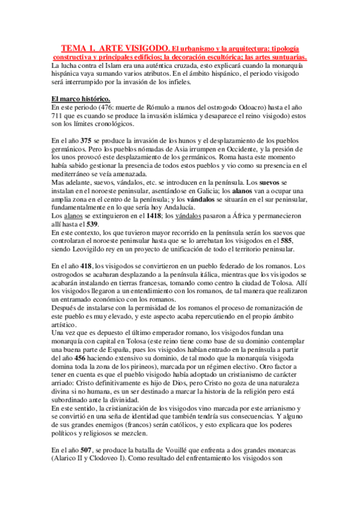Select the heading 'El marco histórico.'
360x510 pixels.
click(x=81, y=99)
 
